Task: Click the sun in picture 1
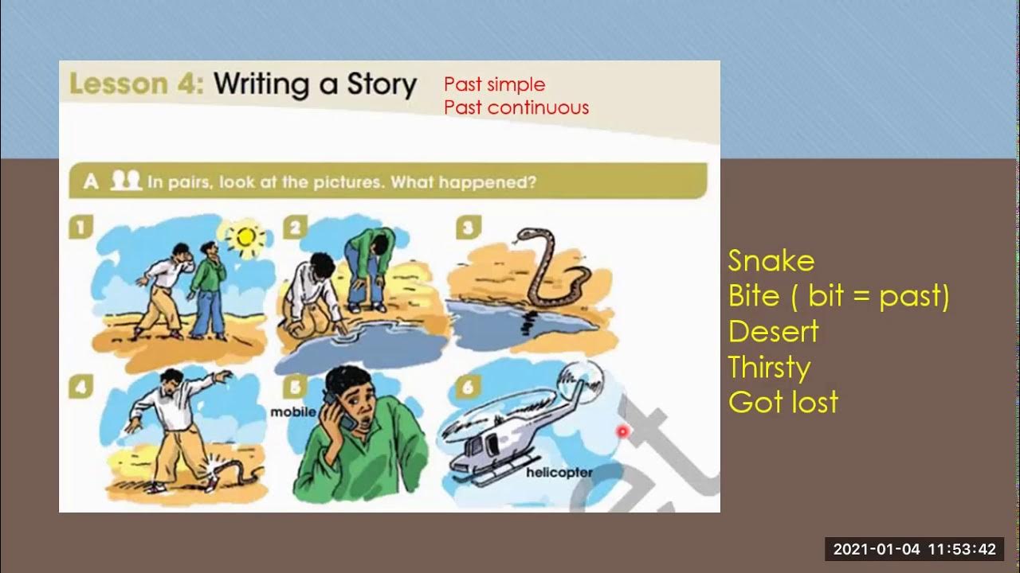[x=244, y=236]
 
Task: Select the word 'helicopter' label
[x=559, y=473]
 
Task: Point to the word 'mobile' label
[x=293, y=412]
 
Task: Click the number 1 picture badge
[x=80, y=228]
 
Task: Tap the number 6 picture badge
[x=467, y=388]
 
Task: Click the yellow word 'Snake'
[x=771, y=261]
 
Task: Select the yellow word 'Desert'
[x=773, y=331]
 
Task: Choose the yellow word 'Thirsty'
[x=769, y=367]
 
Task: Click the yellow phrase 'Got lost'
[x=783, y=402]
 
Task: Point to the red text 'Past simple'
[x=494, y=84]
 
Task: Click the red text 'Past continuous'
[x=516, y=107]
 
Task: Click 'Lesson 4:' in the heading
[x=136, y=84]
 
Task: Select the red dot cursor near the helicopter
[x=622, y=431]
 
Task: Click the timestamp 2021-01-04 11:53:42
[x=914, y=549]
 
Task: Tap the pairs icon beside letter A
[x=125, y=181]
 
